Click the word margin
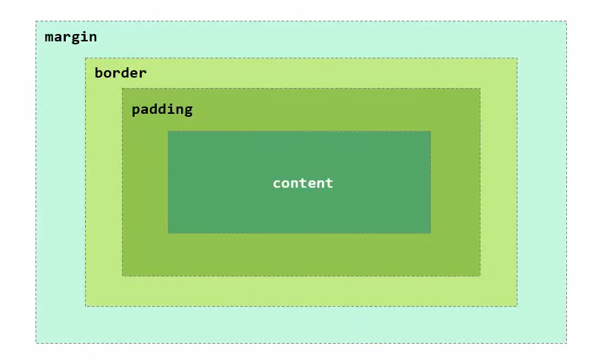pyautogui.click(x=71, y=37)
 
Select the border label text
pyautogui.click(x=120, y=73)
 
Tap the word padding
pyautogui.click(x=162, y=109)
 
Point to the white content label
pyautogui.click(x=303, y=183)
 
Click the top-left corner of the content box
pyautogui.click(x=168, y=132)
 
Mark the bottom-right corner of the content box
pyautogui.click(x=430, y=233)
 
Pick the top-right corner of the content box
pyautogui.click(x=430, y=132)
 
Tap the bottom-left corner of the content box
pyautogui.click(x=168, y=233)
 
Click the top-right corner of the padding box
pyautogui.click(x=480, y=89)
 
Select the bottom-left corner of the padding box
pyautogui.click(x=123, y=276)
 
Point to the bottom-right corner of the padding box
pyautogui.click(x=480, y=276)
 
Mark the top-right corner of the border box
pyautogui.click(x=517, y=58)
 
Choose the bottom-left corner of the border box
pyautogui.click(x=86, y=305)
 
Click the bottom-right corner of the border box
pyautogui.click(x=517, y=305)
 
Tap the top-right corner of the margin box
pyautogui.click(x=566, y=21)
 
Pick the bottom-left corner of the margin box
pyautogui.click(x=36, y=342)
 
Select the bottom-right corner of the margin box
pyautogui.click(x=566, y=342)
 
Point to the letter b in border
pyautogui.click(x=99, y=73)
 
